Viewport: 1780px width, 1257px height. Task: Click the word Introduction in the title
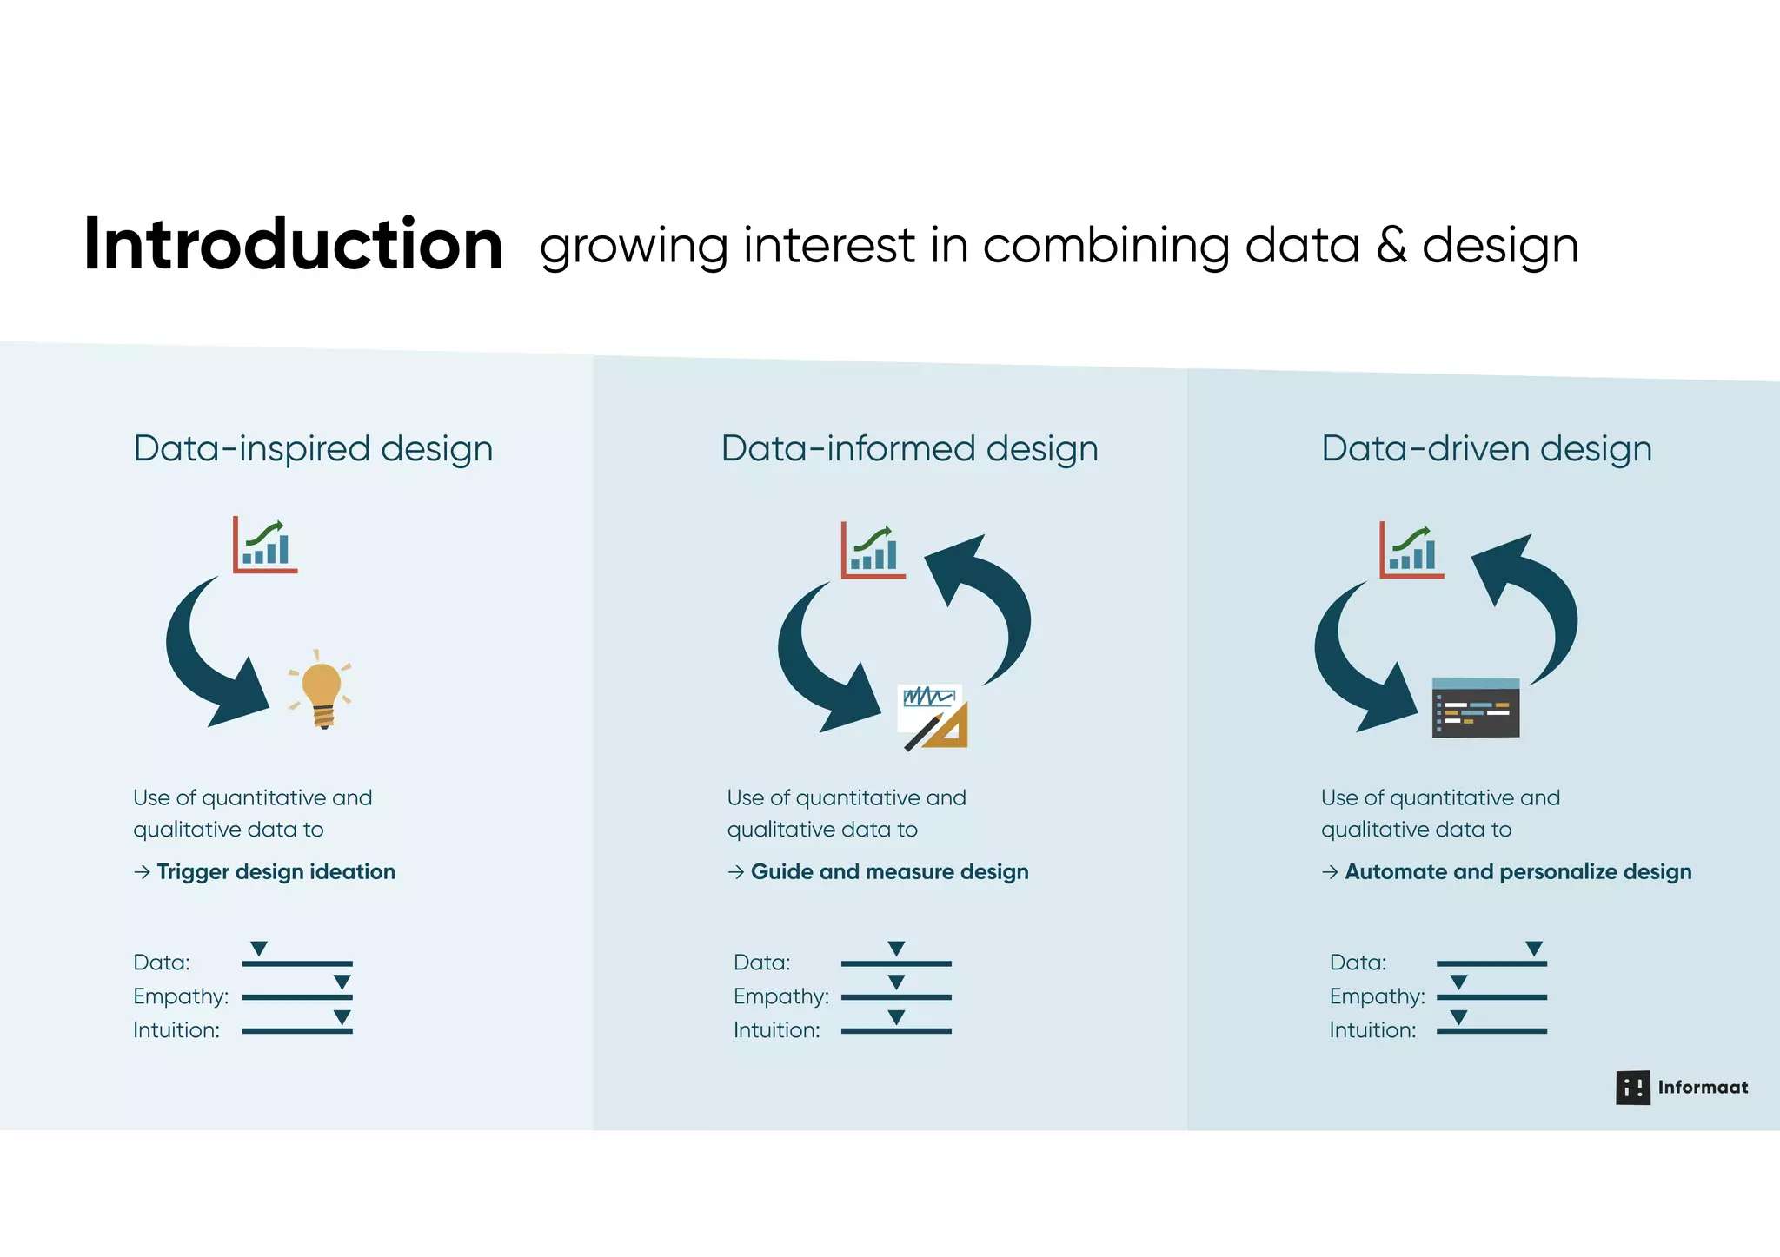293,245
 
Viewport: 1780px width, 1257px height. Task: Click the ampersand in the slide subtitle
1391,246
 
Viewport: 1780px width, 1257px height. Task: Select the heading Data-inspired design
313,449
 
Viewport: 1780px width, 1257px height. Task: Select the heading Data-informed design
909,449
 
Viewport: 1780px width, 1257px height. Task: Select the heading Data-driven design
1486,449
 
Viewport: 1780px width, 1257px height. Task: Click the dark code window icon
1475,708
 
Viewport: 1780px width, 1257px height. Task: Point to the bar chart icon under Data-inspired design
265,545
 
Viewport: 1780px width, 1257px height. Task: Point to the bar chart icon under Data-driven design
1411,550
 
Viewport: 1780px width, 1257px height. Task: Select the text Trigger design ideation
276,872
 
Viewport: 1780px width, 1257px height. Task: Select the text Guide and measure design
889,872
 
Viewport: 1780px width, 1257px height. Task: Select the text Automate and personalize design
1518,872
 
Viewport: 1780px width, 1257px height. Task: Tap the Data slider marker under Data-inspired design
259,948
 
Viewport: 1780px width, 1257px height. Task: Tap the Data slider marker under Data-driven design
1534,948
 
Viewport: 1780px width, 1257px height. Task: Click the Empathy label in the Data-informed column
780,996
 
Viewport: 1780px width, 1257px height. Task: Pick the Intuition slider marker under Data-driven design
1459,1016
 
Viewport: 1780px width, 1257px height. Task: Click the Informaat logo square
1632,1088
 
